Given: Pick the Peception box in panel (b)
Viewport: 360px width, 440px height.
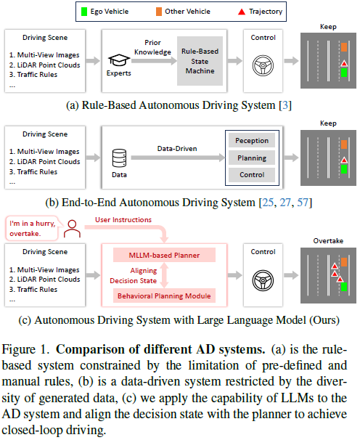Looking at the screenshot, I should coord(251,141).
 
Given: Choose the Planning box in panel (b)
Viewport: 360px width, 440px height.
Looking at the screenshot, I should coord(251,158).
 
